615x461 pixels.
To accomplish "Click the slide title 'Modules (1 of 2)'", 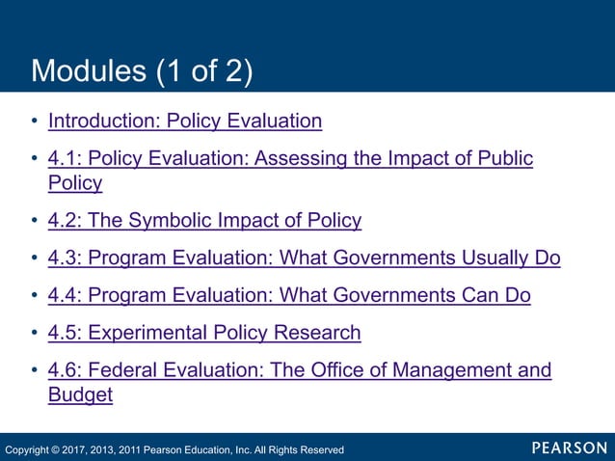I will click(142, 70).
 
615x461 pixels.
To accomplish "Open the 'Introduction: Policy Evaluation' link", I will click(184, 121).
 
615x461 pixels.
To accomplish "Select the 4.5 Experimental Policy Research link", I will click(204, 333).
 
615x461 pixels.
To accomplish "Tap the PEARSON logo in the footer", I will click(569, 447).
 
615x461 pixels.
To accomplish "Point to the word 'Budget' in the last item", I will click(80, 394).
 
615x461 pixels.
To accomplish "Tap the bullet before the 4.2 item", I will click(35, 221).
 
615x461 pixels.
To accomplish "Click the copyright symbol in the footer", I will click(56, 449).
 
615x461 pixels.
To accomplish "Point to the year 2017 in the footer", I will click(78, 449).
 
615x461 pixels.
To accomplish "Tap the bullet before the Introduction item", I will click(35, 122).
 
